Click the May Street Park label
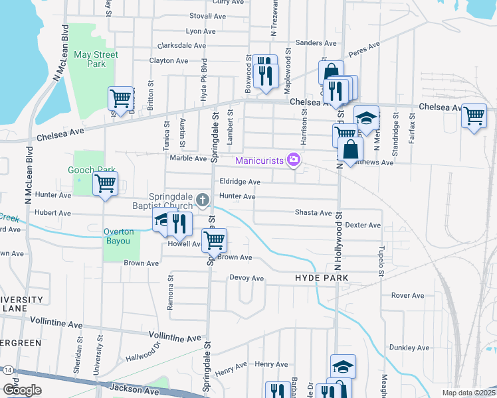96,59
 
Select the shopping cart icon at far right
474,115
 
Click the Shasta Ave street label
314,213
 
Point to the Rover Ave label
407,295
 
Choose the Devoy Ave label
247,278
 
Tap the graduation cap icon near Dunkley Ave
343,365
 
